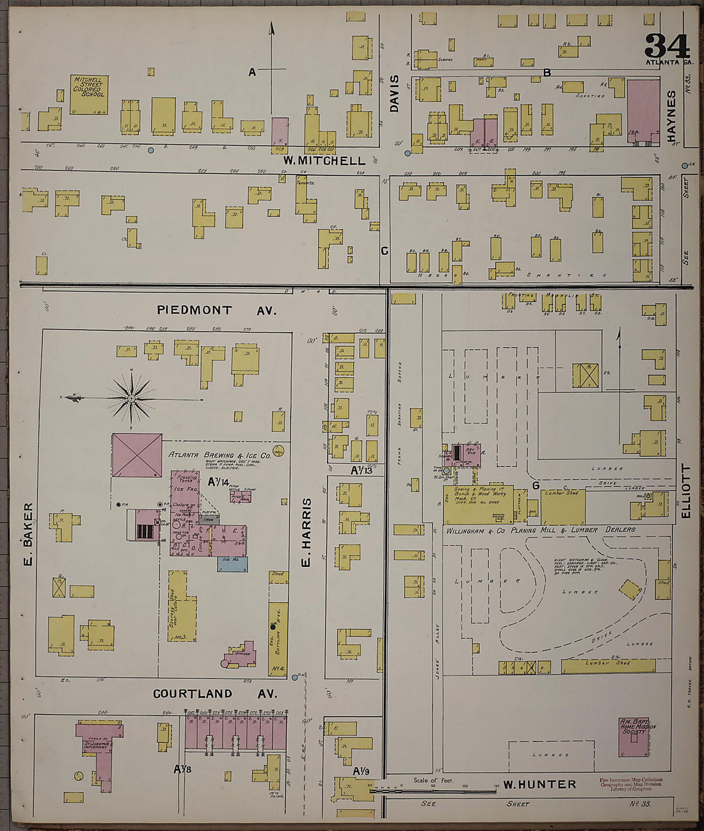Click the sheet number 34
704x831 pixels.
(666, 45)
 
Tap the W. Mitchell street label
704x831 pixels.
(324, 161)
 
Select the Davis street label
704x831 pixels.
(394, 93)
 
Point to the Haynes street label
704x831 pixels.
(671, 116)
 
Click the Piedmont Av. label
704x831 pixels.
(216, 310)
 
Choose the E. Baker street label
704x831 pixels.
(27, 525)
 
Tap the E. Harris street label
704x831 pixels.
(306, 532)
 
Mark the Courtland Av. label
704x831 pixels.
(214, 694)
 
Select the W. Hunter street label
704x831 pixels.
(539, 784)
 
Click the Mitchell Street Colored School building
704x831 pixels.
(88, 94)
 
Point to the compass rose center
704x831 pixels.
(132, 399)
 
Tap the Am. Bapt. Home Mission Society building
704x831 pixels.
(634, 736)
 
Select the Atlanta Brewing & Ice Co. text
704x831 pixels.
(211, 454)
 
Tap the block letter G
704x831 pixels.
(535, 486)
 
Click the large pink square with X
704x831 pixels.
(137, 455)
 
